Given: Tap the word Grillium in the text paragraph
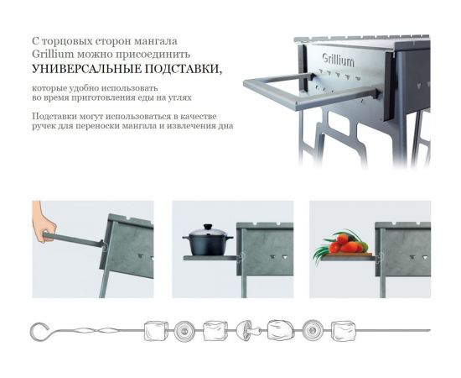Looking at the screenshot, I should click(51, 54).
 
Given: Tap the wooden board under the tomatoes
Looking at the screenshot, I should click(345, 255).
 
